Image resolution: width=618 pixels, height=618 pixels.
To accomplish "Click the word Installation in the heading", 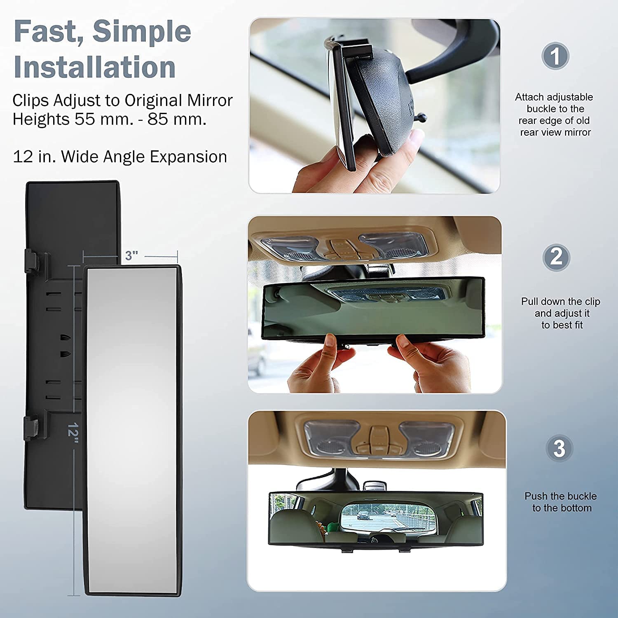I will (x=95, y=67).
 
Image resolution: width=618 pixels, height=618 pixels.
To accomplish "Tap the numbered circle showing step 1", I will (x=555, y=56).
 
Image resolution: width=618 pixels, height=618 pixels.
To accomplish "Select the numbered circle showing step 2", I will (x=556, y=257).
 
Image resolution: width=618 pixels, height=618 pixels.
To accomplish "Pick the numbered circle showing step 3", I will (x=559, y=448).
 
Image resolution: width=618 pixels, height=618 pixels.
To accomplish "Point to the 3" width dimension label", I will (x=131, y=255).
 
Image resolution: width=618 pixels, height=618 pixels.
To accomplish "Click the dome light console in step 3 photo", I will (x=377, y=439).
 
